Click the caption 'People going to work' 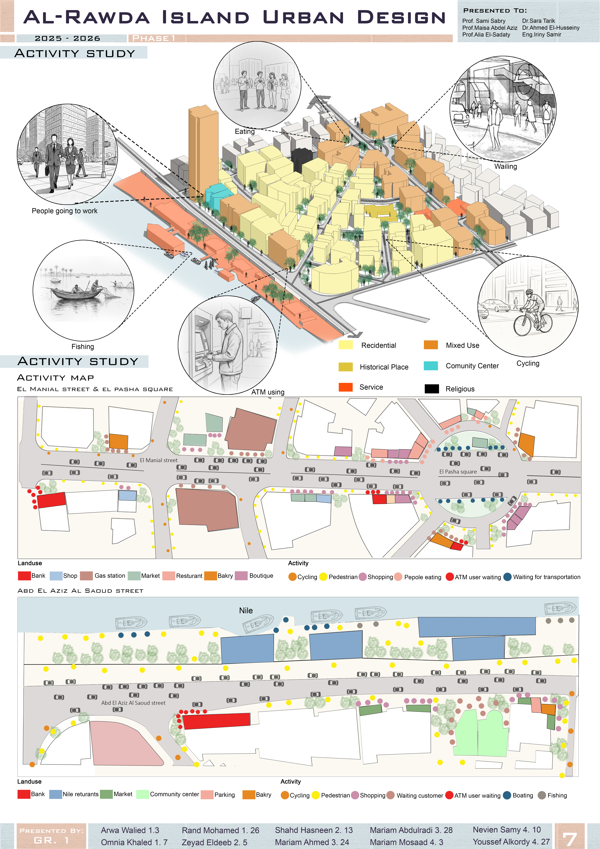[x=65, y=211]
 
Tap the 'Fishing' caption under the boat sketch [x=83, y=346]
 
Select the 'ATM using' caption [x=268, y=392]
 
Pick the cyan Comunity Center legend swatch [x=431, y=366]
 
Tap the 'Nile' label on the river [x=246, y=610]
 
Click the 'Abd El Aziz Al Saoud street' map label [x=133, y=703]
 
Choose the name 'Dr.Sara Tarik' [x=539, y=21]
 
